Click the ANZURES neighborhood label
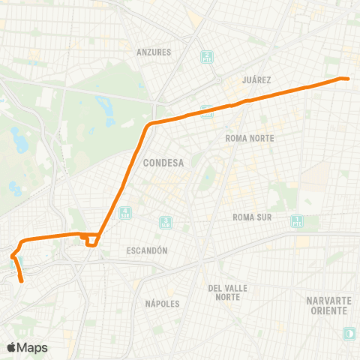pyautogui.click(x=154, y=52)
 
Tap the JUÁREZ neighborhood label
pyautogui.click(x=257, y=79)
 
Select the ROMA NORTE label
pyautogui.click(x=250, y=139)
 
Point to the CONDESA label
pyautogui.click(x=158, y=161)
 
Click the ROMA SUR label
pyautogui.click(x=250, y=217)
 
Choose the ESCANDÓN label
pyautogui.click(x=146, y=250)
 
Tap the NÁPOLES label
pyautogui.click(x=162, y=304)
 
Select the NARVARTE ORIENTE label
pyautogui.click(x=328, y=305)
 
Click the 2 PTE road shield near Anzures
pyautogui.click(x=205, y=57)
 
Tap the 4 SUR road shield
pyautogui.click(x=125, y=213)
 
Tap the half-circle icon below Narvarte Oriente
pyautogui.click(x=349, y=332)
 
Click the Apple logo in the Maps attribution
pyautogui.click(x=11, y=347)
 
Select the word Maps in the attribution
pyautogui.click(x=33, y=347)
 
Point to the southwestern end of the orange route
pyautogui.click(x=22, y=281)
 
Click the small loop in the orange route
pyautogui.click(x=91, y=241)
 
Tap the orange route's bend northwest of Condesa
pyautogui.click(x=151, y=124)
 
